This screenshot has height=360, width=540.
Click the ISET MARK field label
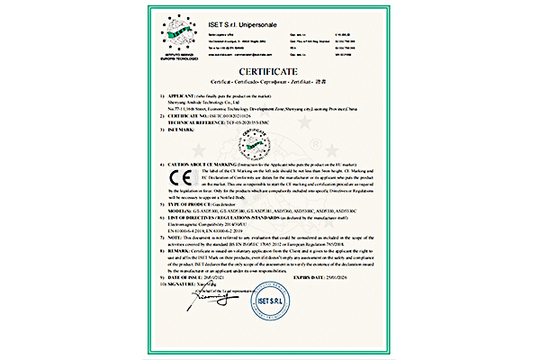coord(184,130)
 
